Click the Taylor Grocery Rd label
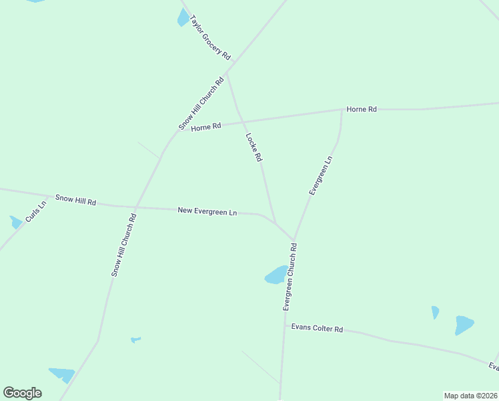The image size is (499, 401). point(210,38)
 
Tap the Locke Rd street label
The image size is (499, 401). point(254,148)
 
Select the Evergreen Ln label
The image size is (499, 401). point(320,176)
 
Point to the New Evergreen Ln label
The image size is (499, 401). point(207,211)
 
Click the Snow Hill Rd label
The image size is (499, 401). point(76,200)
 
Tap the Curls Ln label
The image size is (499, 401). point(36,211)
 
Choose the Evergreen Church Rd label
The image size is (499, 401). point(290,277)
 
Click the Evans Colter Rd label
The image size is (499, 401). point(317,328)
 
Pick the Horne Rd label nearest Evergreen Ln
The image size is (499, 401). point(362,109)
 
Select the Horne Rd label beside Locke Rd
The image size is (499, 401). point(205,127)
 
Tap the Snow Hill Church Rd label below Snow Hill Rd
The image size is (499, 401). point(123,245)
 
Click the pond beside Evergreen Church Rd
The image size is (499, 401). point(276,275)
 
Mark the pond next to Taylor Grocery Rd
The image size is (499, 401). point(183,17)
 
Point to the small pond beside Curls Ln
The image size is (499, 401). point(15,222)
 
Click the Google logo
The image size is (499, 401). point(22,393)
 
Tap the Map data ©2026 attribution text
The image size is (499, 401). point(471,396)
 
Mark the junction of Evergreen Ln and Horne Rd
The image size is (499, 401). point(342,110)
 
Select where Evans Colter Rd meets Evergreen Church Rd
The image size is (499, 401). point(284,326)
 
